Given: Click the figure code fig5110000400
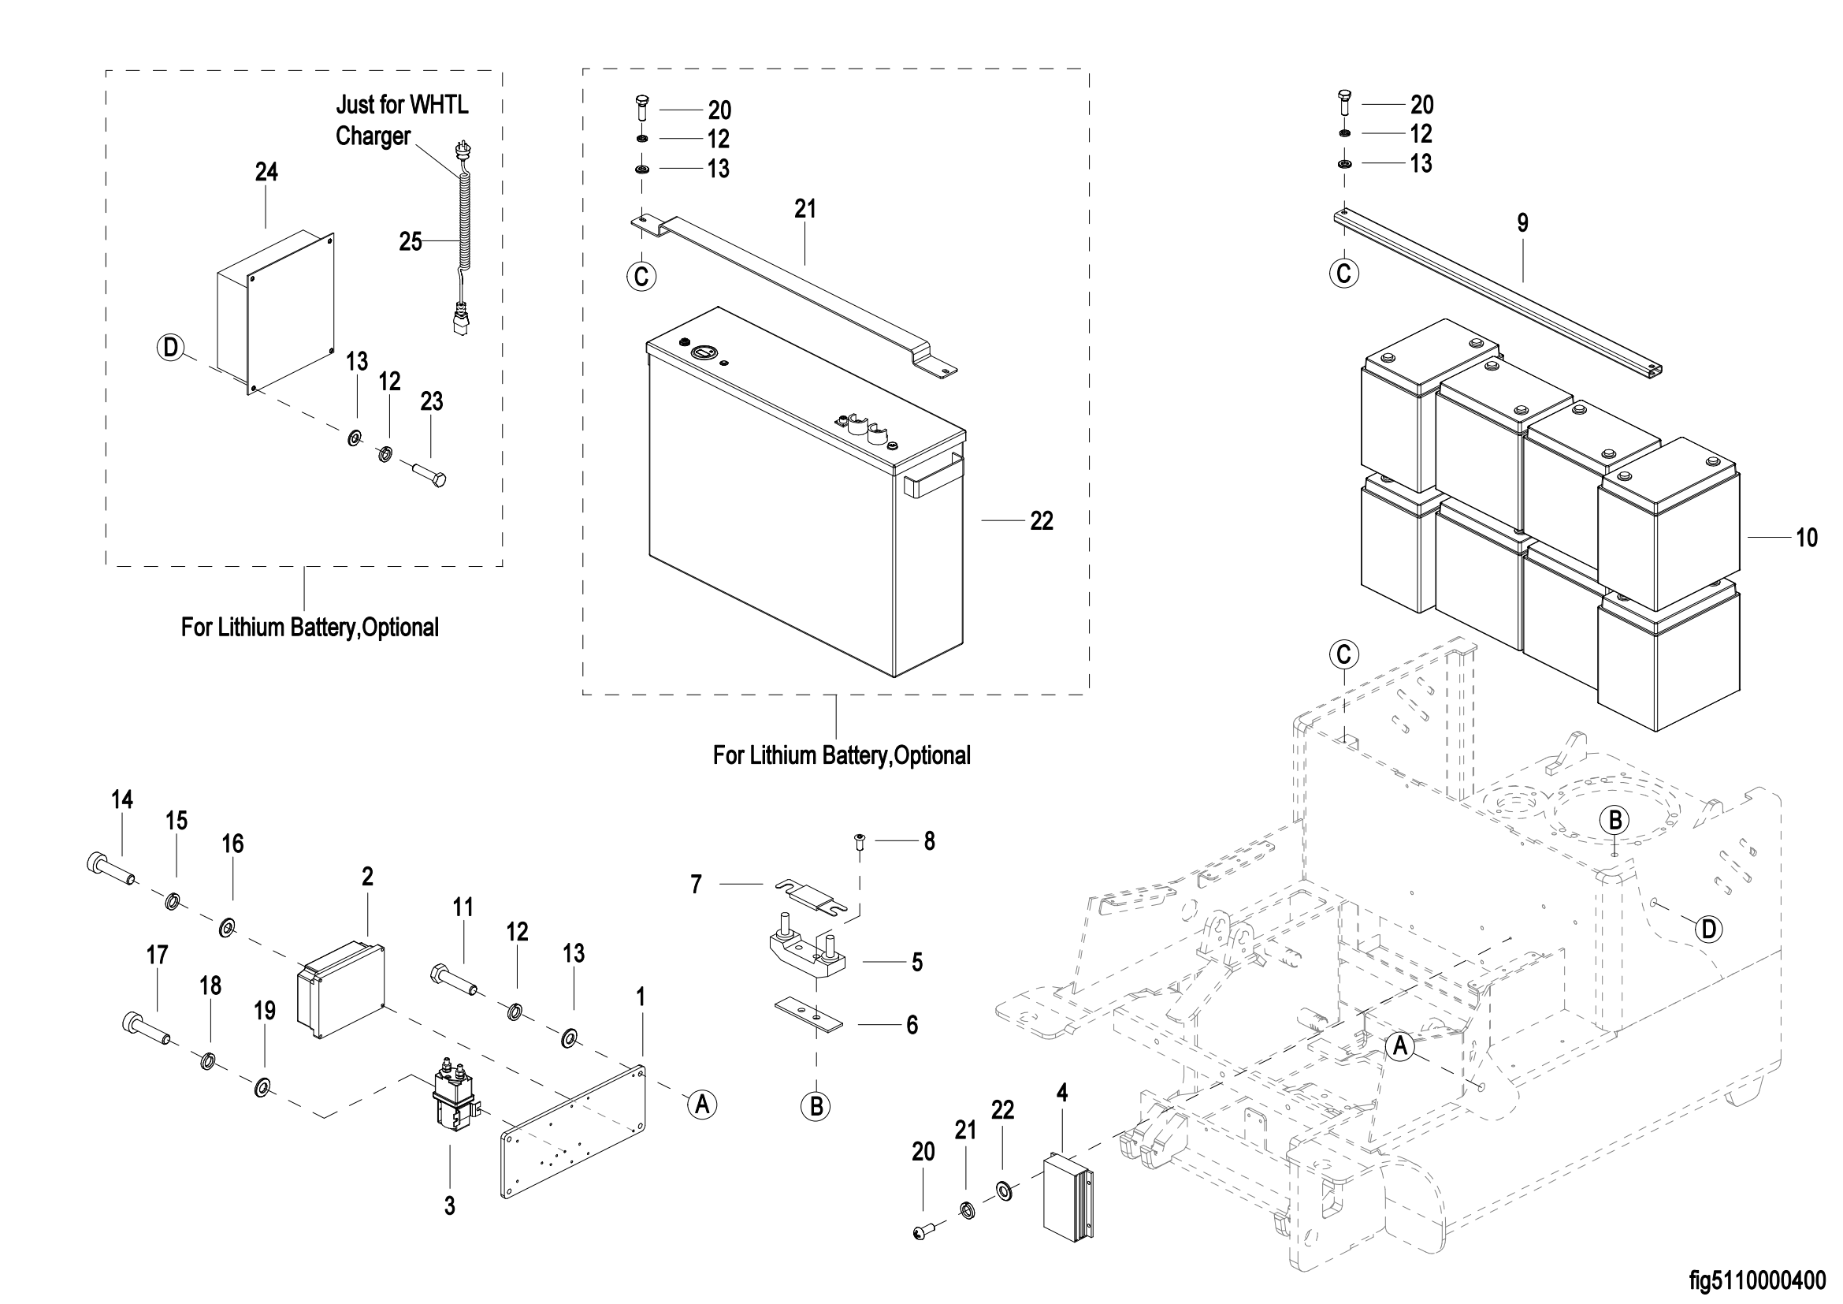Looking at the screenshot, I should (1754, 1279).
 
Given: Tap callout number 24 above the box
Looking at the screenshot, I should (266, 172).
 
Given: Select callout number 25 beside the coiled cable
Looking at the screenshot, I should (411, 242).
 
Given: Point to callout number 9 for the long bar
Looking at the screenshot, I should (1523, 223).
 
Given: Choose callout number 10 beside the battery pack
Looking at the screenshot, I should (1807, 538).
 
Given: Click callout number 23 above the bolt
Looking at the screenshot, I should (431, 401).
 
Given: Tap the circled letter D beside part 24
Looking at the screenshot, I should (170, 348).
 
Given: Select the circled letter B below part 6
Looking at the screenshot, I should (816, 1106).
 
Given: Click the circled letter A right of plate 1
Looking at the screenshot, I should (702, 1105).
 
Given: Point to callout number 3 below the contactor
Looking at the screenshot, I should (449, 1205).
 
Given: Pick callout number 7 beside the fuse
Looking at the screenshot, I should (696, 885).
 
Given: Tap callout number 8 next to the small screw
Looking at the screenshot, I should (929, 841).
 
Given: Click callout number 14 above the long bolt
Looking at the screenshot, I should (122, 799).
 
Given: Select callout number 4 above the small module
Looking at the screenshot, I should (1062, 1093).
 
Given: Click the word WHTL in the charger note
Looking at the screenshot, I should (438, 105).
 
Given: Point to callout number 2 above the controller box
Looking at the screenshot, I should (368, 877).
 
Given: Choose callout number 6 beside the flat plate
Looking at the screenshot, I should (912, 1026).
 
